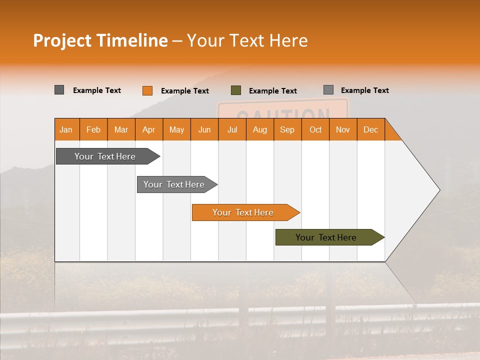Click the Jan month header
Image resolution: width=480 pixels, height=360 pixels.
point(66,129)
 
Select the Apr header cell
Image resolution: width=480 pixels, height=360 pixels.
point(149,129)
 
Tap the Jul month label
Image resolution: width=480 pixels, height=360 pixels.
point(232,129)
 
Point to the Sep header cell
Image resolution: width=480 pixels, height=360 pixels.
point(287,129)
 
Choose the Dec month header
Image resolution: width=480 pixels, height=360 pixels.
point(370,129)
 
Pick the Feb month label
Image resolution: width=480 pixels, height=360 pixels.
point(93,129)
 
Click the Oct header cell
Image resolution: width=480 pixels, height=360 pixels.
point(315,129)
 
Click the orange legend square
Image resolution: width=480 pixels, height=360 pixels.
point(147,90)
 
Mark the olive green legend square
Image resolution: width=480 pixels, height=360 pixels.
point(236,90)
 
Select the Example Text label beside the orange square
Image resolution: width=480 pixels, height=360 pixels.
point(185,91)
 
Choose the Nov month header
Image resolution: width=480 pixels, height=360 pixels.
point(343,129)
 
